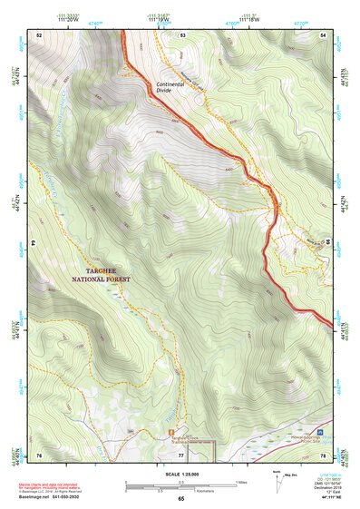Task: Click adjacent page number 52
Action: point(39,34)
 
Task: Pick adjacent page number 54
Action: point(325,34)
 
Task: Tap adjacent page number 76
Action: point(39,454)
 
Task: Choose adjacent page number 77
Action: point(181,454)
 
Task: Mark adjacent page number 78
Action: point(325,454)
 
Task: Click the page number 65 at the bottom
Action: point(180,499)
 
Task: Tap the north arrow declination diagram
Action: point(278,479)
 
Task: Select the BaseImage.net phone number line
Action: point(58,496)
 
